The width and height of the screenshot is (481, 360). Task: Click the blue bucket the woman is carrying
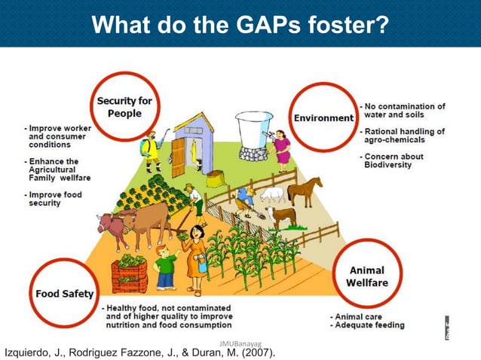[203, 264]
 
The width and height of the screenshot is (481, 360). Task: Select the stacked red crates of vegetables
[129, 274]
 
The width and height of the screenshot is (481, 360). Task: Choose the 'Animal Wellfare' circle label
[366, 276]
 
